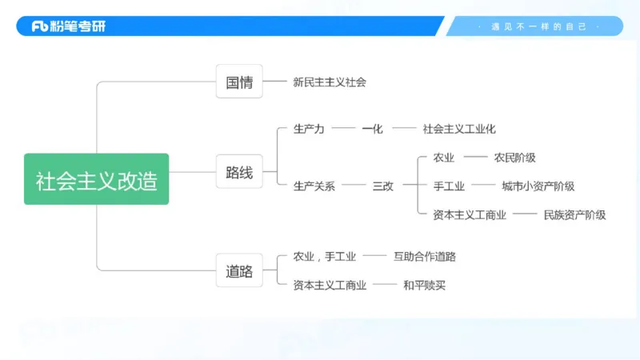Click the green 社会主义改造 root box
tap(96, 179)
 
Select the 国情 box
tap(239, 82)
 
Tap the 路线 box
tap(239, 172)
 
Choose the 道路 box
tap(239, 271)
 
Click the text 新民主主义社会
tap(330, 82)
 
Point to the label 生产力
tap(309, 128)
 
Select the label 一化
tap(372, 128)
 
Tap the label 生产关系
tap(314, 186)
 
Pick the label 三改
tap(383, 186)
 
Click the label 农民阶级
tap(514, 158)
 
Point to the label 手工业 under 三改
tap(449, 186)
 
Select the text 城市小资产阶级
tap(538, 186)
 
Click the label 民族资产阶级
tap(574, 214)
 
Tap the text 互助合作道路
tap(425, 257)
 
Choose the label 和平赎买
tap(424, 285)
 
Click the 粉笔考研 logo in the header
tap(69, 26)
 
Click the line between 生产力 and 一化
tap(343, 128)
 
